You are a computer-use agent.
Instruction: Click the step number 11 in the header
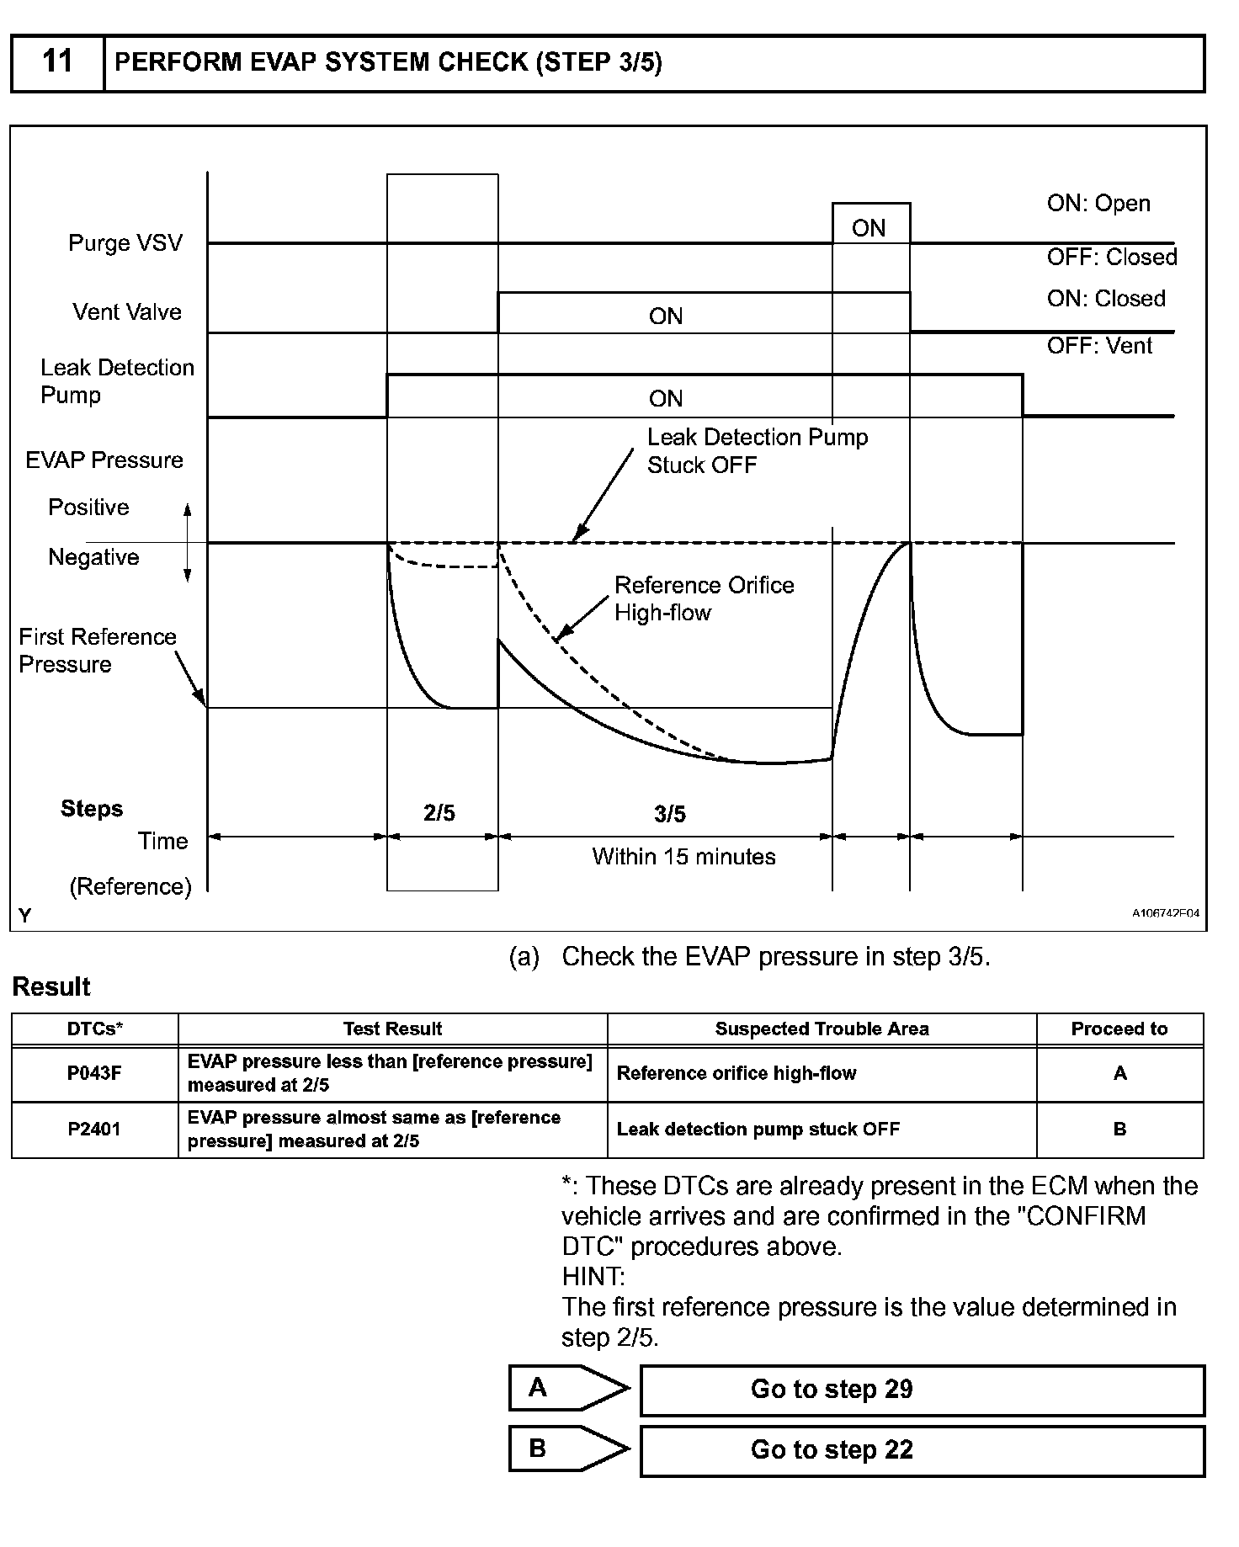(x=57, y=61)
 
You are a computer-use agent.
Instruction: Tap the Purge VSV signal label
(x=125, y=243)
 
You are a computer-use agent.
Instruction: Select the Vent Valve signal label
(x=126, y=312)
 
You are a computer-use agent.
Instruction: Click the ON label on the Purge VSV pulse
(x=869, y=228)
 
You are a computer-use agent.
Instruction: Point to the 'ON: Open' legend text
(x=1098, y=204)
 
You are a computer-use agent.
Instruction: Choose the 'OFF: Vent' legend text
(x=1099, y=345)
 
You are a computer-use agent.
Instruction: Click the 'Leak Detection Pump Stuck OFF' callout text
(x=756, y=451)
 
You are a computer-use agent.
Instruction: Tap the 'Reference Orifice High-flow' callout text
(x=704, y=598)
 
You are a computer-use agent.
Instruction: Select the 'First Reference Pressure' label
(x=97, y=651)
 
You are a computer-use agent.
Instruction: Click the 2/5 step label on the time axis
(x=439, y=813)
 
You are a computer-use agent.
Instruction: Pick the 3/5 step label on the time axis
(x=670, y=814)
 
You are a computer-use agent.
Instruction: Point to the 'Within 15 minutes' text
(x=683, y=857)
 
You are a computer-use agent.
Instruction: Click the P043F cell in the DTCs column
(x=94, y=1073)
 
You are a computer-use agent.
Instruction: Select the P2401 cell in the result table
(x=94, y=1130)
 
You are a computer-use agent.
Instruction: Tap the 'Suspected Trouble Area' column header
(x=822, y=1029)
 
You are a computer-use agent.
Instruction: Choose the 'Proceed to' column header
(x=1119, y=1029)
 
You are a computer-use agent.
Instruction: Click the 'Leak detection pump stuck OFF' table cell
(x=758, y=1130)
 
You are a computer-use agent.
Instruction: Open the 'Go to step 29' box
(x=922, y=1390)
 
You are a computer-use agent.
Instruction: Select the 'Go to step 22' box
(x=922, y=1450)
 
